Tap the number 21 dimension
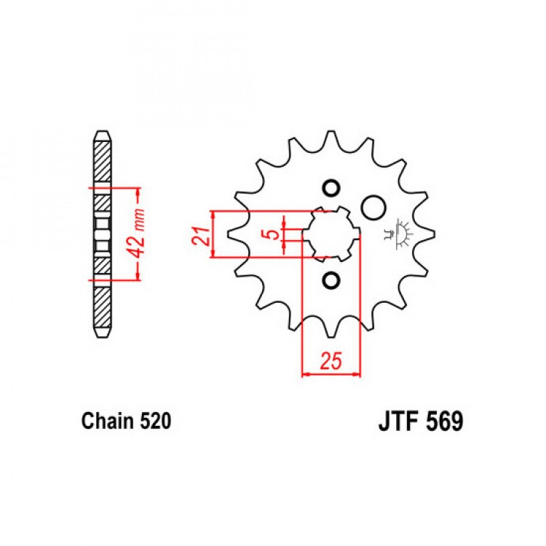point(202,236)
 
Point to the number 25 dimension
point(331,360)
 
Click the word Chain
point(107,421)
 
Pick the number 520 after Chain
point(155,421)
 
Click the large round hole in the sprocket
point(373,207)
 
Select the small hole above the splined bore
point(331,189)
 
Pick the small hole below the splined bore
point(331,280)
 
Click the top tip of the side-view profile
point(103,131)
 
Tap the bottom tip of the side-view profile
point(103,337)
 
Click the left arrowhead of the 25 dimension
point(306,375)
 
